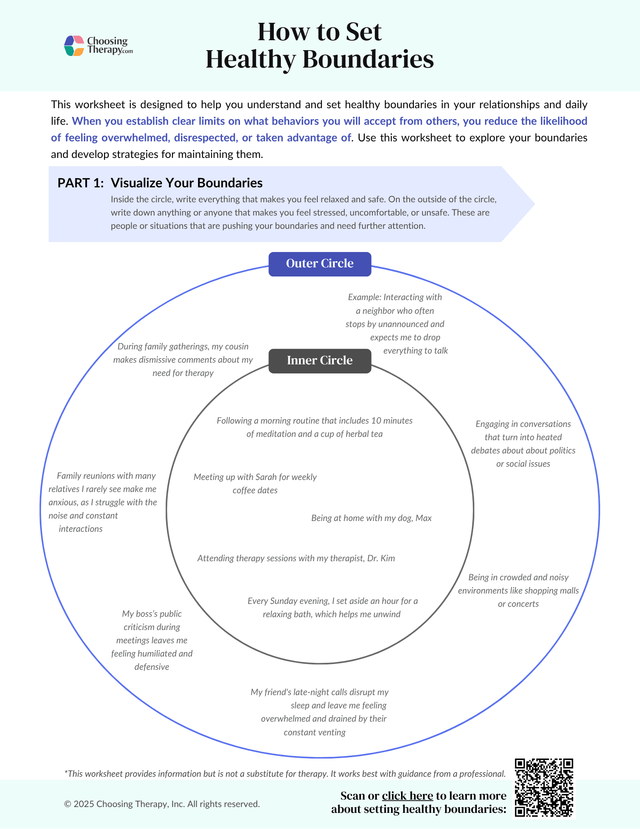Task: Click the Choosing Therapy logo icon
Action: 75,46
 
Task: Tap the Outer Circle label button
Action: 320,264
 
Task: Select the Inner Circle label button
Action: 320,361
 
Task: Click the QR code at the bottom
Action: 544,788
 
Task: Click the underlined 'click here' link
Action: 407,796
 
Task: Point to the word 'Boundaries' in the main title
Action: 368,59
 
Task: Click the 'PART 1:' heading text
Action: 81,183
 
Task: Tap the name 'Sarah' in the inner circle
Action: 266,477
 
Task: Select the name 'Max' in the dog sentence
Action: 423,518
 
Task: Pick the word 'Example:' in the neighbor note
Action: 364,297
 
